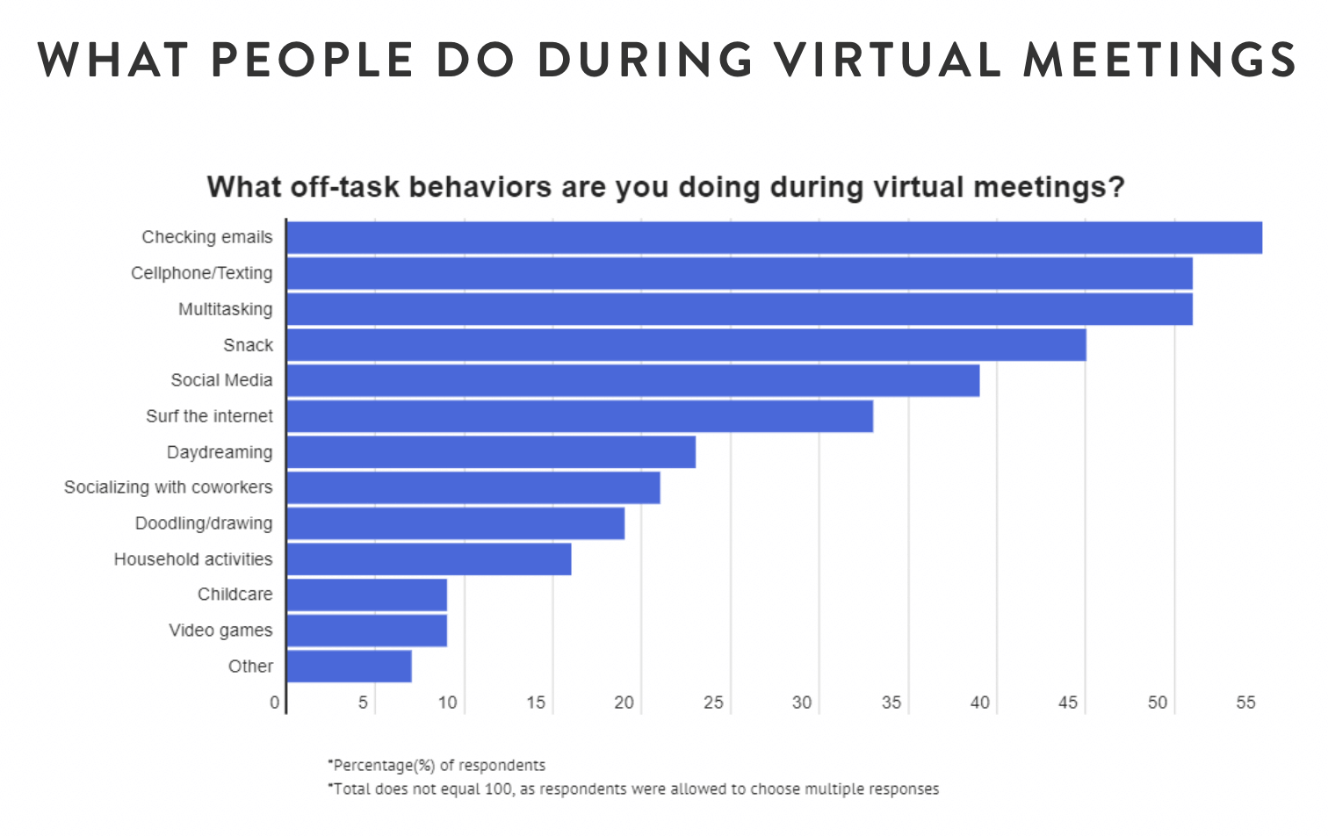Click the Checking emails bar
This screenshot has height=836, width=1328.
tap(774, 238)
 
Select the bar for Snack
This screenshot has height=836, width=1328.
tap(686, 345)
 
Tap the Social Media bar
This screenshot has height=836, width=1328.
tap(632, 381)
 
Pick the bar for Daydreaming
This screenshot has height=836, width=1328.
tap(491, 452)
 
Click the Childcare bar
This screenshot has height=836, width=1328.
tap(367, 595)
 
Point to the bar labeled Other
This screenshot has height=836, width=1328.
tap(350, 667)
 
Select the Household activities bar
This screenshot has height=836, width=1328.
tap(429, 559)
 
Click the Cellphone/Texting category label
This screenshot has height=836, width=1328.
tap(201, 273)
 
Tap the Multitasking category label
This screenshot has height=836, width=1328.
tap(225, 309)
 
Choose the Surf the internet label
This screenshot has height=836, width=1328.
tap(209, 416)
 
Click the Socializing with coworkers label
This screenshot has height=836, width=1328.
tap(168, 487)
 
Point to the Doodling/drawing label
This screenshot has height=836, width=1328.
tap(203, 523)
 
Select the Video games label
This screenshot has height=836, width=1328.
tap(220, 631)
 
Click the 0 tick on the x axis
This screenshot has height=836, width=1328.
tap(275, 703)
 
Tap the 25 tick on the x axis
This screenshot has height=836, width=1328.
tap(713, 703)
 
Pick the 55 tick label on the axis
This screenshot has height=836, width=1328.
tap(1245, 703)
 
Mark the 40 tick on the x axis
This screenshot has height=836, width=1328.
tap(979, 703)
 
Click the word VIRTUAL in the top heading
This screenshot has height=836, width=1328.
tap(887, 60)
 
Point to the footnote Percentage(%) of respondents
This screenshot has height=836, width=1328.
tap(437, 766)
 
